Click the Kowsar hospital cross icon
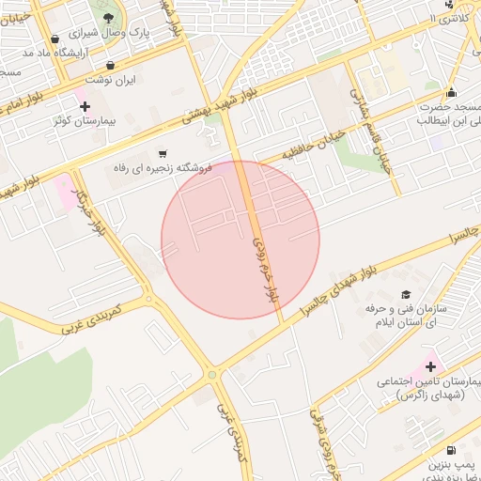[85, 106]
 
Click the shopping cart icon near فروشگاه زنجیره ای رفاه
[163, 153]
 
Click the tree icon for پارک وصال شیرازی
[112, 17]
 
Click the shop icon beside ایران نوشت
[112, 66]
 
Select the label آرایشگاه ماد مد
[54, 53]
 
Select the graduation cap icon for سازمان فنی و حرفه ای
[405, 294]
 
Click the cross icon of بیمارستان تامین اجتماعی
[431, 365]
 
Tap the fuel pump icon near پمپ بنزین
[452, 450]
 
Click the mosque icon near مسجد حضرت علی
[452, 93]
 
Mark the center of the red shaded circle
[240, 240]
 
